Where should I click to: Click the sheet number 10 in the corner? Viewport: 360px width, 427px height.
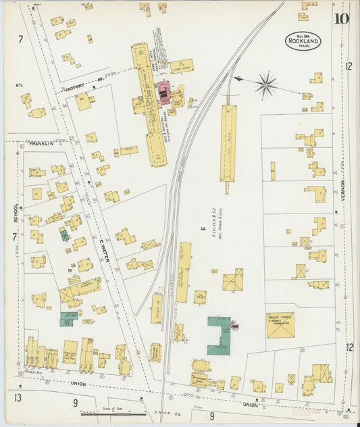point(340,18)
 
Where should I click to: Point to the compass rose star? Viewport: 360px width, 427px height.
point(266,85)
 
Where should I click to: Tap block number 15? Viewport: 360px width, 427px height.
point(70,270)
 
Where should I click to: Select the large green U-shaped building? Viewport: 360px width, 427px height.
point(217,336)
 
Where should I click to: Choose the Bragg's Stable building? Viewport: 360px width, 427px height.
point(280,324)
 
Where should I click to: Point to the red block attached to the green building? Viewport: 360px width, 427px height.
point(236,326)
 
